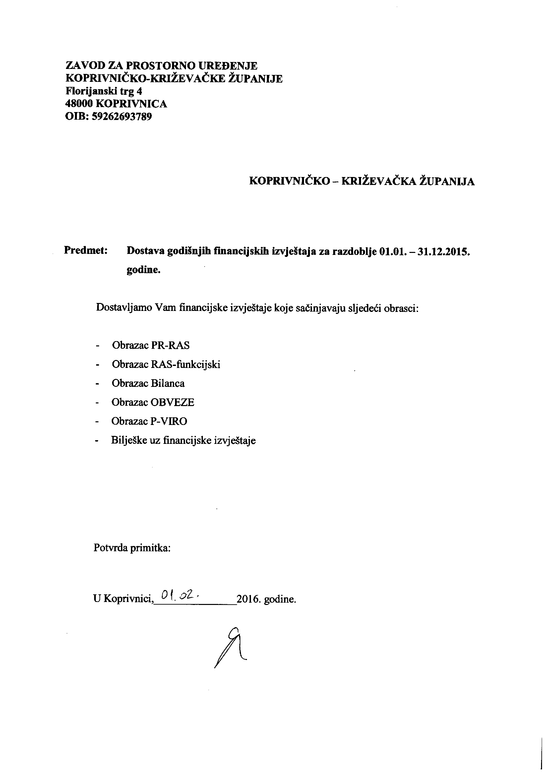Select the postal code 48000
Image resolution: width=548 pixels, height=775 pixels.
point(79,104)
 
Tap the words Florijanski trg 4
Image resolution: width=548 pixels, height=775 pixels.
point(104,91)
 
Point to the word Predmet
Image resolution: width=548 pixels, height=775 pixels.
point(86,251)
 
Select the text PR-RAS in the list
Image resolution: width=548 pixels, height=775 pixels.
point(170,346)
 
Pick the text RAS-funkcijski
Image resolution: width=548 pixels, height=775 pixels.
point(185,365)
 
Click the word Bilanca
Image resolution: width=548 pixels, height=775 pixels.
point(167,384)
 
